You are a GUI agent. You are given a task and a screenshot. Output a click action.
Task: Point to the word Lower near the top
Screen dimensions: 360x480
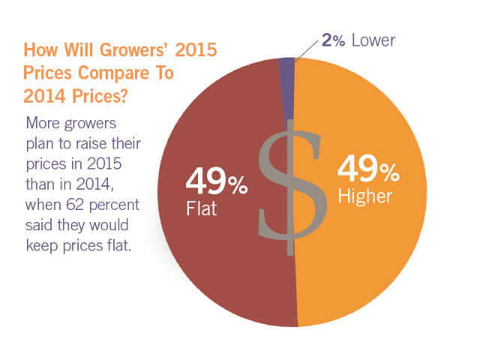(372, 40)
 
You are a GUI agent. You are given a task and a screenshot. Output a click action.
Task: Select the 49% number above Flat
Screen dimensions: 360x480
(217, 181)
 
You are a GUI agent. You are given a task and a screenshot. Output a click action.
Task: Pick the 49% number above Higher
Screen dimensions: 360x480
(368, 169)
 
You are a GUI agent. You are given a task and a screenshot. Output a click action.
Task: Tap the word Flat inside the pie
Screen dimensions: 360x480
(202, 208)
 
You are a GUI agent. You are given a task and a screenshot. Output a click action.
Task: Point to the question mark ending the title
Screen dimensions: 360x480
(126, 96)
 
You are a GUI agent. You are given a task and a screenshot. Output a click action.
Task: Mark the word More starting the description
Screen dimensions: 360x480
(43, 121)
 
